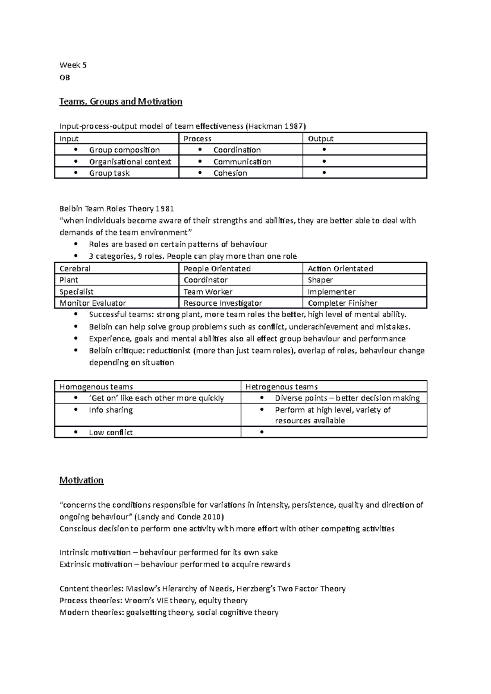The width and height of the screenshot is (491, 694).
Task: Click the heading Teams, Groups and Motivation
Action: [x=121, y=101]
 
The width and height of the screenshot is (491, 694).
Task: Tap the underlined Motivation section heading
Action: [x=81, y=480]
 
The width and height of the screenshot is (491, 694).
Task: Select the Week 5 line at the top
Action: [x=73, y=65]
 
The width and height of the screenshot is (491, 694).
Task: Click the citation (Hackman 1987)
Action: [x=275, y=126]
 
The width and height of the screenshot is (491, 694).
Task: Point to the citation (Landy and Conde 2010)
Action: [x=179, y=517]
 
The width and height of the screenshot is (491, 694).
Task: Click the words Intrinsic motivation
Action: [x=95, y=553]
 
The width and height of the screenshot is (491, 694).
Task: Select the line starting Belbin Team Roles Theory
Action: [x=117, y=209]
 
